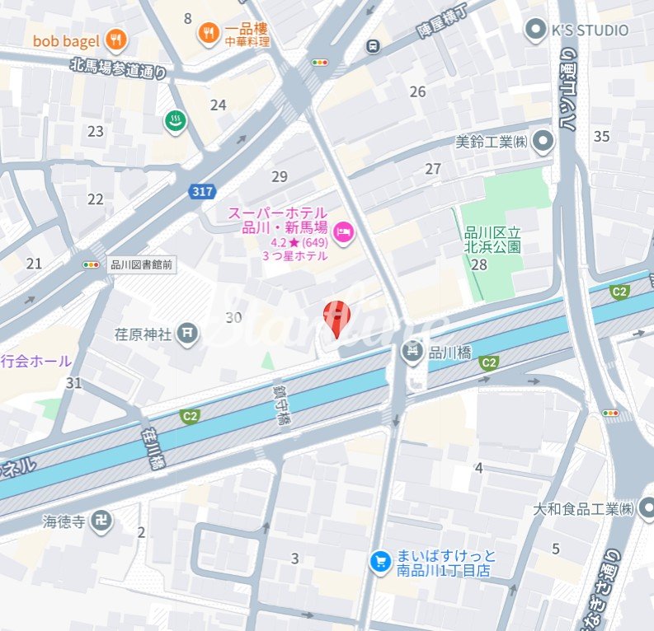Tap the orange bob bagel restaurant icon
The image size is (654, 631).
116,39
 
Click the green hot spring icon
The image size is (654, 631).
175,121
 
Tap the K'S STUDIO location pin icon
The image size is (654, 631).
537,30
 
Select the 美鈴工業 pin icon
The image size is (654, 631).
543,142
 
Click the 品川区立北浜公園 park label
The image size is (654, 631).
493,239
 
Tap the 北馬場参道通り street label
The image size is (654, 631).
118,68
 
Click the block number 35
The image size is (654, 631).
601,136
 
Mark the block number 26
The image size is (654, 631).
418,91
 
